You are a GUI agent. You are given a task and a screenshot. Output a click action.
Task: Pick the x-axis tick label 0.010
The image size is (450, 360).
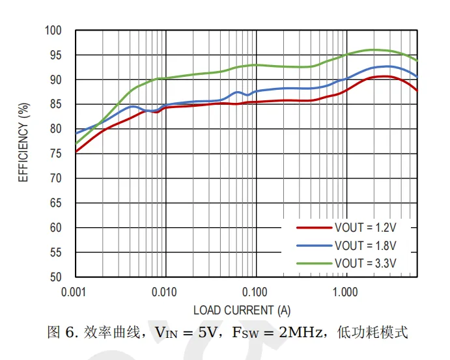[165, 292]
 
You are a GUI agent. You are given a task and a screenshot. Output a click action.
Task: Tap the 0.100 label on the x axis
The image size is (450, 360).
[255, 292]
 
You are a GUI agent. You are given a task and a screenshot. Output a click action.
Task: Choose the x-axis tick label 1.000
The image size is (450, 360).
[346, 292]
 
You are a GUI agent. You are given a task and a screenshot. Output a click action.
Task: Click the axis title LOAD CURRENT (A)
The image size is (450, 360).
[242, 310]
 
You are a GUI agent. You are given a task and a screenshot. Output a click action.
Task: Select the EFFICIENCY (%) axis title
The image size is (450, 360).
[23, 142]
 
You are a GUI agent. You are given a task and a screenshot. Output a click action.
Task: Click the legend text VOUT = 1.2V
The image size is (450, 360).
[365, 228]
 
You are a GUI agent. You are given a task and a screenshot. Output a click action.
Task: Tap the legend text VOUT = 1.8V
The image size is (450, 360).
[365, 246]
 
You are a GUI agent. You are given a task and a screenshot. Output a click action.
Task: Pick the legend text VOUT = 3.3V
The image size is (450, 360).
[365, 264]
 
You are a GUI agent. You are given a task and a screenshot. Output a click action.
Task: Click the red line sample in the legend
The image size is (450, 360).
[314, 228]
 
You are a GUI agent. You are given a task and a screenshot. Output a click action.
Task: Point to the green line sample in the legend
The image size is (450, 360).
[314, 264]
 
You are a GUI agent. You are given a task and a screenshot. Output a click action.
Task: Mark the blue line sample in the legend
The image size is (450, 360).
[314, 246]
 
